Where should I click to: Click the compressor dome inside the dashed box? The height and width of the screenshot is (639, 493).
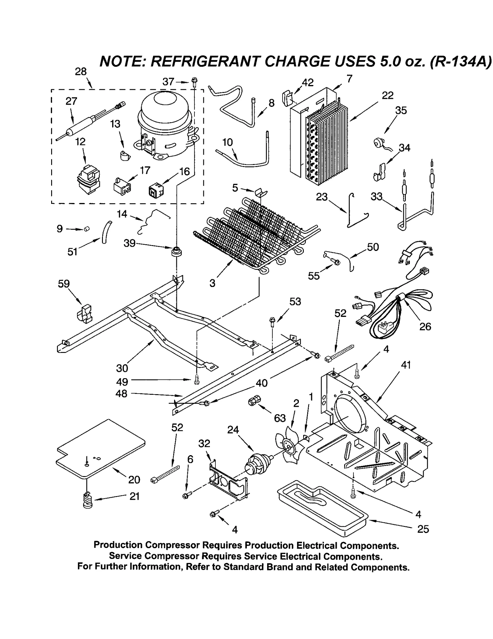click(x=165, y=115)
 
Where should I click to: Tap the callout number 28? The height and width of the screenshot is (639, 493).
click(x=81, y=72)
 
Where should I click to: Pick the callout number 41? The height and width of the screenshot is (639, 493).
click(x=406, y=365)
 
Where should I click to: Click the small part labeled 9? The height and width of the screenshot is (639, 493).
click(x=87, y=229)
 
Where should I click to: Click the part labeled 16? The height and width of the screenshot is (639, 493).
click(x=156, y=191)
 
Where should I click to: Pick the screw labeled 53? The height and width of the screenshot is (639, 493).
click(x=272, y=321)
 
